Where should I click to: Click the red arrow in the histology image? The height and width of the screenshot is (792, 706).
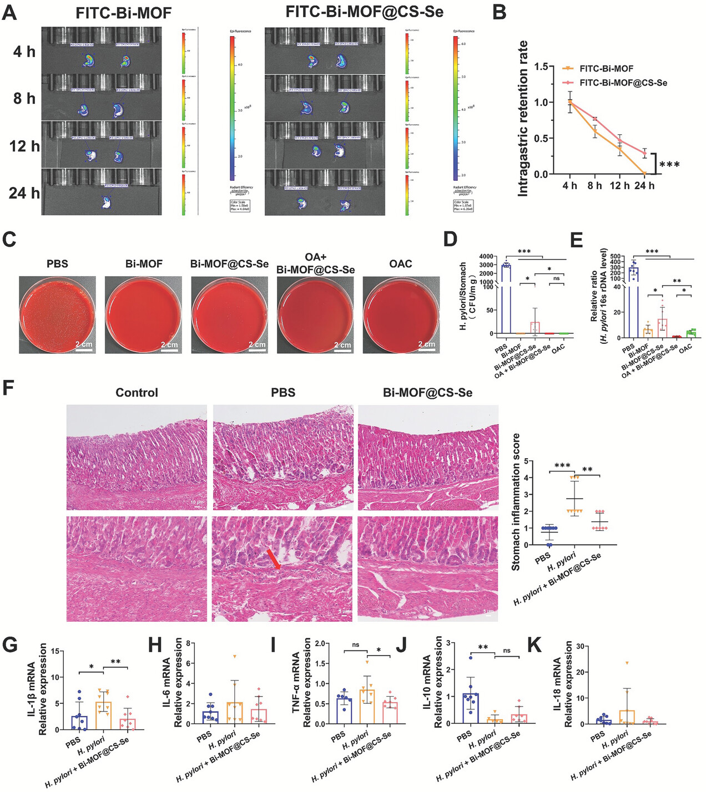[x=273, y=559]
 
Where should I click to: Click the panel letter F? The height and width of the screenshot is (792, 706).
[x=9, y=388]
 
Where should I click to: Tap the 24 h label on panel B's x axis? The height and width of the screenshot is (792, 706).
[x=644, y=185]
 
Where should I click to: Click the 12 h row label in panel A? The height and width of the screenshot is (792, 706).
[x=24, y=146]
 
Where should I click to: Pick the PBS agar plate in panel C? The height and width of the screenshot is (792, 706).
[x=57, y=314]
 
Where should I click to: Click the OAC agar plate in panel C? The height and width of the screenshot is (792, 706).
[x=401, y=314]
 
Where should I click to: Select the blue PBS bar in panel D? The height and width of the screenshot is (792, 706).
[x=506, y=299]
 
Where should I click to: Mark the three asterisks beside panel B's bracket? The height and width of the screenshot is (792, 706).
[x=670, y=165]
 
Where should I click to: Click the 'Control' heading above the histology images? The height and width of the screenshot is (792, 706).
[x=137, y=393]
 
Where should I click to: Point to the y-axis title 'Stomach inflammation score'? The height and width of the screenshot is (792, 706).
[x=516, y=502]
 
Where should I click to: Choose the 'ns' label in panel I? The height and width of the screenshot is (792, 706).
[x=355, y=644]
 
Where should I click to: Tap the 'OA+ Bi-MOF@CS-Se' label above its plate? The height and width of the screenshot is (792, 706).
[x=315, y=263]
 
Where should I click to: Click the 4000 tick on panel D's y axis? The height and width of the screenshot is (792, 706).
[x=486, y=256]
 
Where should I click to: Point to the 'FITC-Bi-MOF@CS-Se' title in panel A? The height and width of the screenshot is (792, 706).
[x=364, y=12]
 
